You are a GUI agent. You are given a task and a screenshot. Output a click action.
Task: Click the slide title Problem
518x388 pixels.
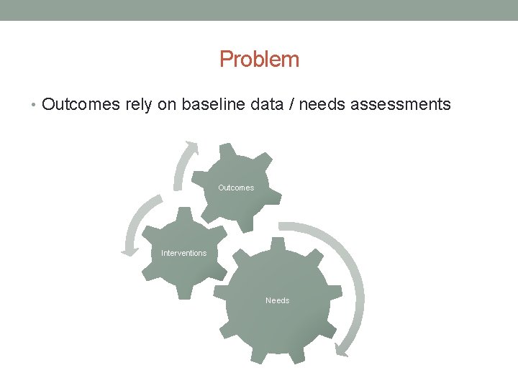coord(259,59)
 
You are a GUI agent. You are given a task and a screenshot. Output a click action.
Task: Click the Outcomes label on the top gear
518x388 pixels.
coord(236,188)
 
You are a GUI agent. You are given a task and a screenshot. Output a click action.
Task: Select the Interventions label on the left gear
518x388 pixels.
coord(183,253)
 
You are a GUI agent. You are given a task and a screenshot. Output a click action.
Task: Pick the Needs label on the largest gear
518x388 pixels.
coord(277,300)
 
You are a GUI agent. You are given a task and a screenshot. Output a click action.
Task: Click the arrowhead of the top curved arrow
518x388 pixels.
coord(192,147)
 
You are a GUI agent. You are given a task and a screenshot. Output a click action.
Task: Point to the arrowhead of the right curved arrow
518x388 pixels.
coord(342,350)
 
